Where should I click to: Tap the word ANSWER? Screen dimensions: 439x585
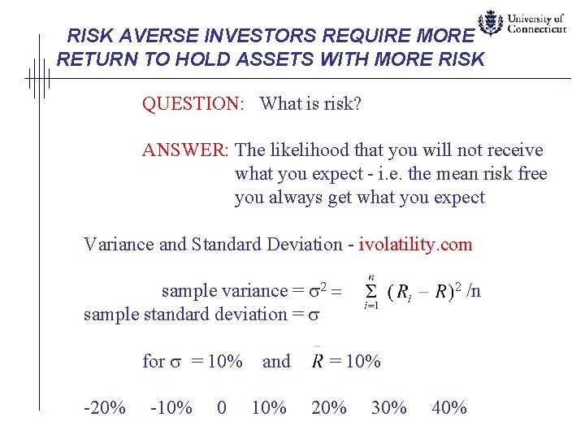[x=186, y=150]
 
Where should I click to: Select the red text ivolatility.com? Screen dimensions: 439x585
[x=415, y=244]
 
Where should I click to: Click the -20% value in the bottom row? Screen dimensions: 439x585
[x=105, y=407]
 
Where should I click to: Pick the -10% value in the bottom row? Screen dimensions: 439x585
[x=171, y=407]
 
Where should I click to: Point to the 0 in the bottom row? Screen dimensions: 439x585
[x=222, y=407]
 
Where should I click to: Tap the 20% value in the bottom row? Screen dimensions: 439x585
[x=329, y=407]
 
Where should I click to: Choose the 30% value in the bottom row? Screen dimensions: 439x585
[x=389, y=407]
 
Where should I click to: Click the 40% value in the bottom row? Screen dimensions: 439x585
[x=449, y=407]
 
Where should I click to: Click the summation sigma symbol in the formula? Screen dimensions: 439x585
[x=370, y=291]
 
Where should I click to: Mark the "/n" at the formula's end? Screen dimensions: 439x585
[x=474, y=290]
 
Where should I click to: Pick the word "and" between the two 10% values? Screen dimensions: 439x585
[x=276, y=361]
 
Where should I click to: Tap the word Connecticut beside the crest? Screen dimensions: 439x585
[x=536, y=29]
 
